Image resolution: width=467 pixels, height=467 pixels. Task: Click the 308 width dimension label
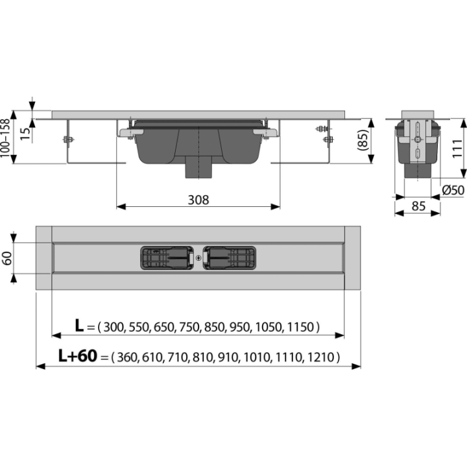click(x=198, y=200)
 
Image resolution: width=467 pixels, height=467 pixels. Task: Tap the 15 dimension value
click(x=25, y=134)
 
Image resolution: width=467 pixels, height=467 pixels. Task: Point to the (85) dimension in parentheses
click(x=363, y=140)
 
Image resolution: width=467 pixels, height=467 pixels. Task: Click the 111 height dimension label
click(x=458, y=149)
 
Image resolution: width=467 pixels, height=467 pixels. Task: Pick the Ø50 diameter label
click(x=453, y=190)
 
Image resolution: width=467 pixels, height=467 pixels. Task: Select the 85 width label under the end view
click(x=418, y=206)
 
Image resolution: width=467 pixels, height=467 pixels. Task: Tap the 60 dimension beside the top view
click(x=6, y=258)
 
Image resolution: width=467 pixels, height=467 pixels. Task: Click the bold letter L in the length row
click(x=79, y=326)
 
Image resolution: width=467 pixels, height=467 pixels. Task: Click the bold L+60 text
click(x=78, y=355)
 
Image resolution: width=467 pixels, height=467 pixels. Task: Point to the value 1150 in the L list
click(x=301, y=327)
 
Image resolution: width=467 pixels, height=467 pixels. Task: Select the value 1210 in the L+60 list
click(x=321, y=357)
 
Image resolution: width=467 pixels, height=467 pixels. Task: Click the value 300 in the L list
click(x=114, y=327)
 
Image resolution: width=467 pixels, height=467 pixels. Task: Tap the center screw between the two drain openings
click(x=198, y=258)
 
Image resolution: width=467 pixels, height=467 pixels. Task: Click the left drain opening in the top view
click(x=167, y=258)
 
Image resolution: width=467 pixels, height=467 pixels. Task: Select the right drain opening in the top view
click(x=230, y=258)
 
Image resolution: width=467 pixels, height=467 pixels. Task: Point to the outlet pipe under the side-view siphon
click(x=198, y=167)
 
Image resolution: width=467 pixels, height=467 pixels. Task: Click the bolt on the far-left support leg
click(x=68, y=139)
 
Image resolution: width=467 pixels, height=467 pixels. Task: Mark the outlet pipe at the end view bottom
click(x=418, y=171)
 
